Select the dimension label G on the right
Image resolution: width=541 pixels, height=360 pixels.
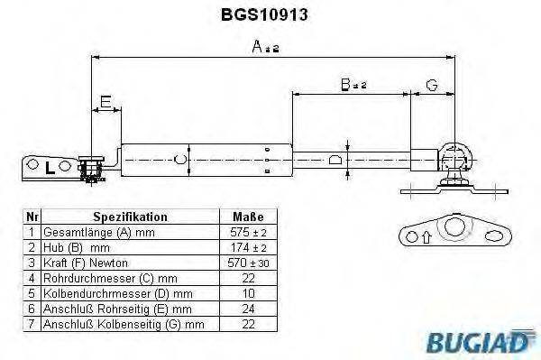431,86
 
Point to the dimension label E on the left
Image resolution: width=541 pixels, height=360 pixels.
105,102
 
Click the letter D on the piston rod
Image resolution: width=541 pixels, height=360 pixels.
336,160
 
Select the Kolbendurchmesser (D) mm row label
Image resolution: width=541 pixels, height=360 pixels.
117,293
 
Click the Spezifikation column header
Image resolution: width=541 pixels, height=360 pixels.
130,217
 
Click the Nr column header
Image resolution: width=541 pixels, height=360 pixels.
32,217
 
